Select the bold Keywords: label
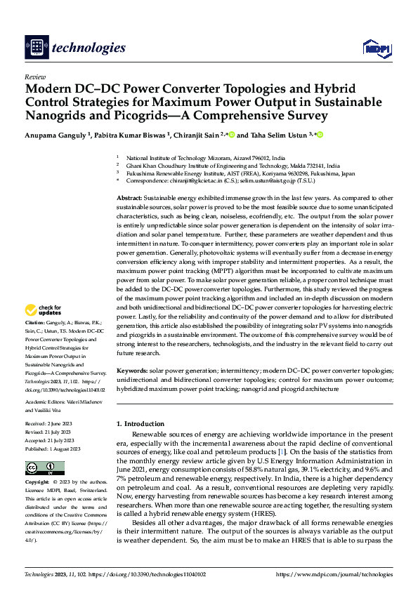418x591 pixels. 131,369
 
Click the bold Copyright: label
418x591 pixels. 39,483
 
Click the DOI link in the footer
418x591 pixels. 155,574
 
